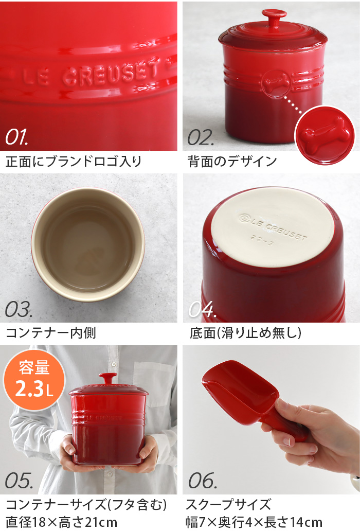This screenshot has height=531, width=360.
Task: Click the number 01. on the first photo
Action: pyautogui.click(x=16, y=137)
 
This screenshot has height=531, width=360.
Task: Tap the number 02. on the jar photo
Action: pyautogui.click(x=201, y=137)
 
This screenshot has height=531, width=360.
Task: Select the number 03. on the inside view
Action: pyautogui.click(x=19, y=309)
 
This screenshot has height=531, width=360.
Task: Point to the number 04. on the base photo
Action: pyautogui.click(x=202, y=309)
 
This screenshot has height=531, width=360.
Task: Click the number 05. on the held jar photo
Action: pyautogui.click(x=19, y=481)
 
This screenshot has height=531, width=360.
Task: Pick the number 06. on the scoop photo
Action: pyautogui.click(x=202, y=481)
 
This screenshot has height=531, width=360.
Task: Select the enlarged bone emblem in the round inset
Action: pyautogui.click(x=326, y=134)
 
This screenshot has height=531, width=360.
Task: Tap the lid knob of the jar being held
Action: pyautogui.click(x=108, y=379)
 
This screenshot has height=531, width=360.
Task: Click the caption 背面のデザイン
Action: pyautogui.click(x=232, y=161)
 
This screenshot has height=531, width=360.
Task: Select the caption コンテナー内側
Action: pyautogui.click(x=51, y=333)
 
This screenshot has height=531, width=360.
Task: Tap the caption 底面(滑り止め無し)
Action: pyautogui.click(x=245, y=333)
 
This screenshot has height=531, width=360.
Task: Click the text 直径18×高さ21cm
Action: pyautogui.click(x=62, y=522)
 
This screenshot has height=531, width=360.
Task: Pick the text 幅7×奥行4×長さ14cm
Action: pyautogui.click(x=254, y=522)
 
